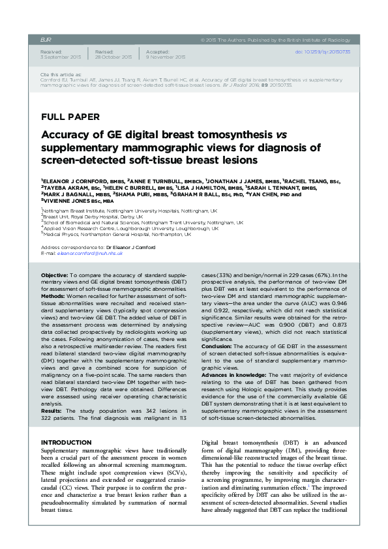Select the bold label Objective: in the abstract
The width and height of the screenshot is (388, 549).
(x=55, y=276)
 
